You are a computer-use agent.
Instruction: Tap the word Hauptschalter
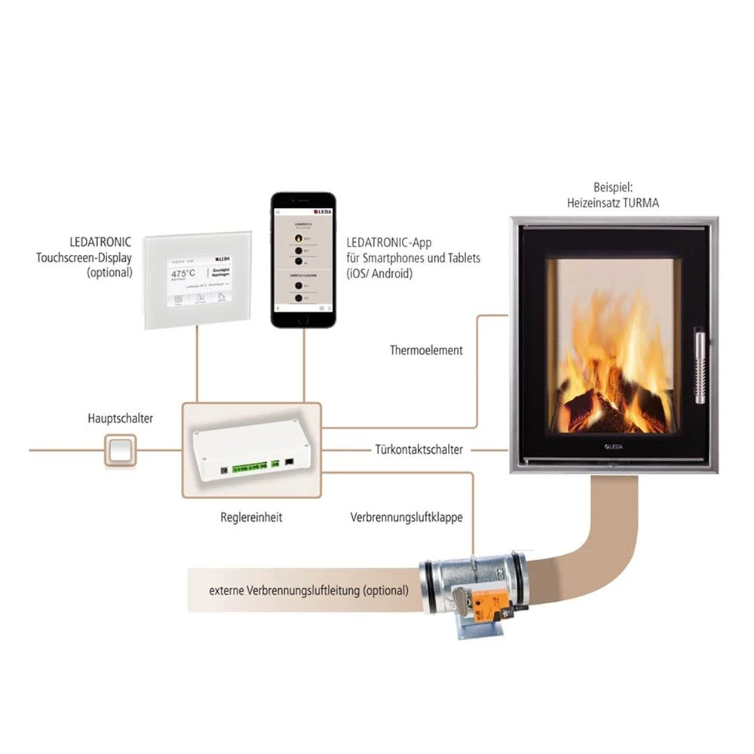click(121, 418)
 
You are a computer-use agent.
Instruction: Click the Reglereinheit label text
click(251, 518)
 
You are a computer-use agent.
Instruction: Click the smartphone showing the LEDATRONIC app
click(303, 259)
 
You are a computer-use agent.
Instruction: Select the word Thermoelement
click(426, 351)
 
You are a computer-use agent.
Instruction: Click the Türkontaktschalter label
click(418, 450)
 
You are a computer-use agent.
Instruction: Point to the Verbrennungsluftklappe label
click(406, 518)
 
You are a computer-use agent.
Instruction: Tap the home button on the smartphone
click(303, 318)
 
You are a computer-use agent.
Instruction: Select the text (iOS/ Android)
click(379, 274)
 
